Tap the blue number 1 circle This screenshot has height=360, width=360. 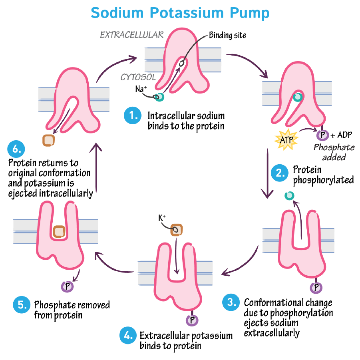(132, 115)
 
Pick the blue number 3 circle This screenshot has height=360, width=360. (231, 302)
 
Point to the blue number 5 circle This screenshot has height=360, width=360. (21, 305)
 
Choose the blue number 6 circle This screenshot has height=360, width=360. (16, 149)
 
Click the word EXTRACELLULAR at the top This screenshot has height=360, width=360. (131, 35)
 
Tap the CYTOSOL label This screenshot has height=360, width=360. (138, 77)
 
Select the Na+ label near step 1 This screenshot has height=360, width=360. (140, 89)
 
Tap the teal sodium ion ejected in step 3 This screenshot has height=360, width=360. (289, 195)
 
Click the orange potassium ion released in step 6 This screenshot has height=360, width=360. (49, 140)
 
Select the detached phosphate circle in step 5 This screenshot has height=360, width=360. (66, 286)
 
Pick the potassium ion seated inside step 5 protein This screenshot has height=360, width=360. (59, 231)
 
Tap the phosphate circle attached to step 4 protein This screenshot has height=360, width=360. (192, 320)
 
